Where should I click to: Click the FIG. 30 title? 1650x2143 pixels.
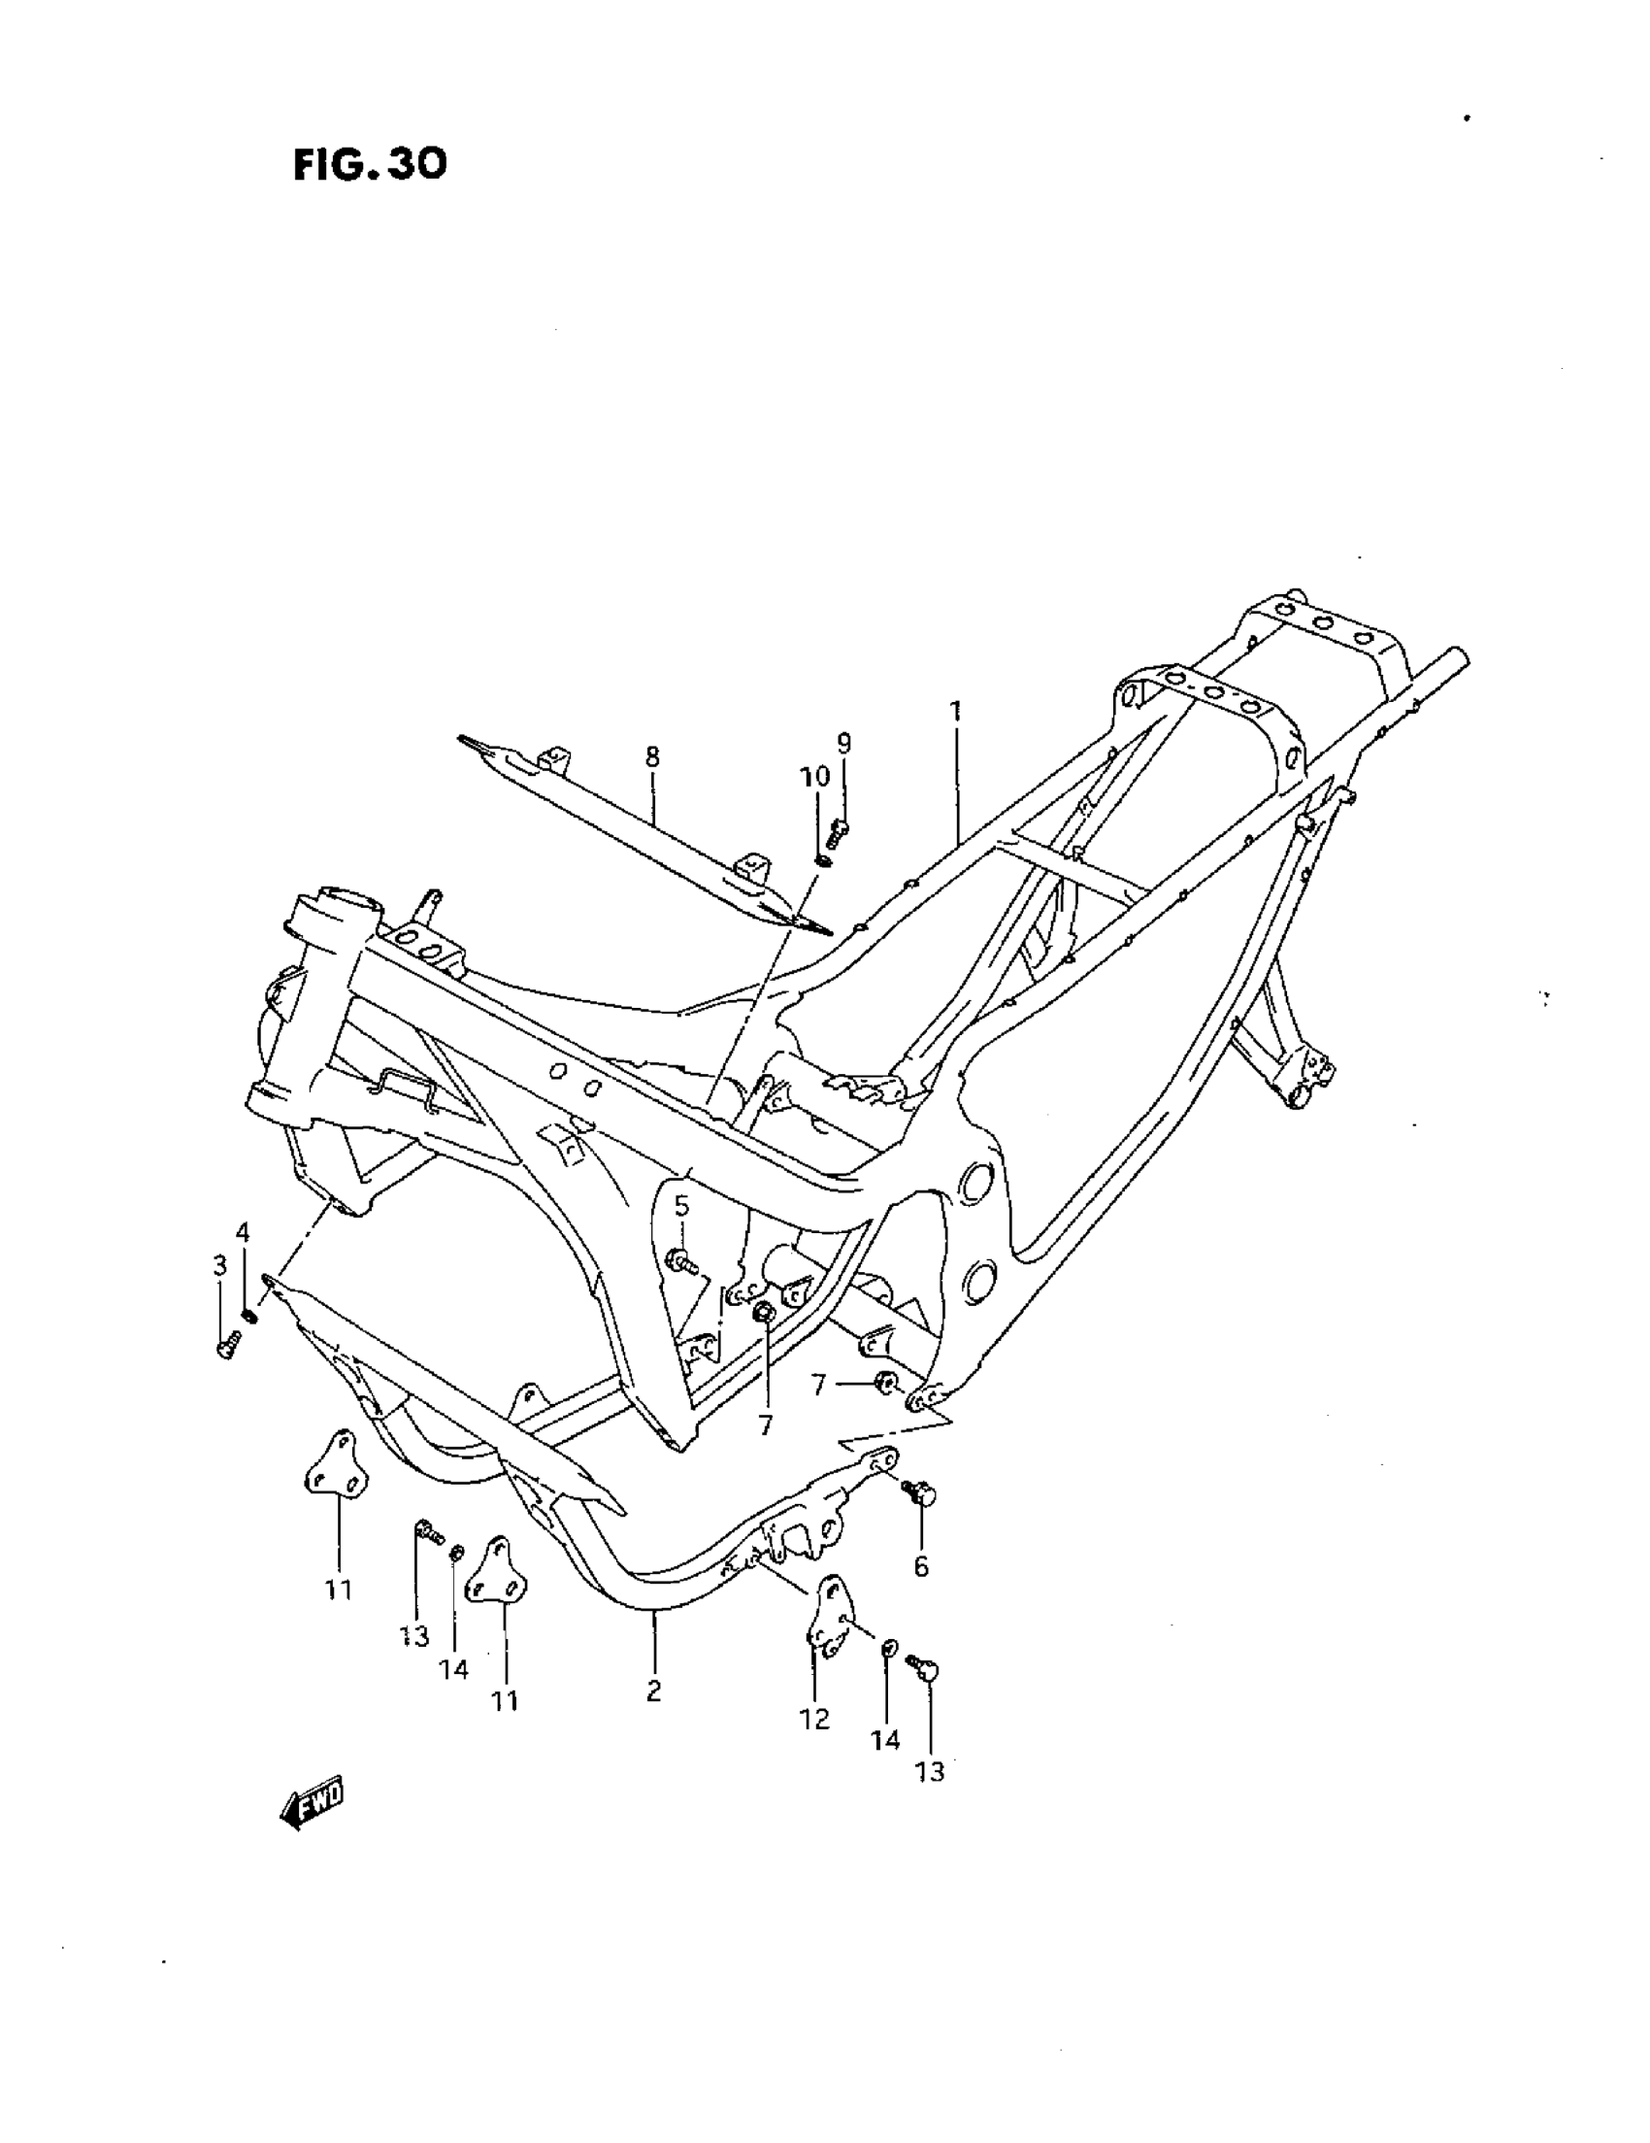370,165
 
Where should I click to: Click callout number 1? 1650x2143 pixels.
954,710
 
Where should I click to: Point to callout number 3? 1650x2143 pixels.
219,1265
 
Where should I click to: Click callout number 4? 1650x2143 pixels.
243,1232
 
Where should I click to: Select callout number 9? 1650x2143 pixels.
843,743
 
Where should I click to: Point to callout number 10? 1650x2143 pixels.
814,776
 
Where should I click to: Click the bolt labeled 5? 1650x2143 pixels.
679,1262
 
